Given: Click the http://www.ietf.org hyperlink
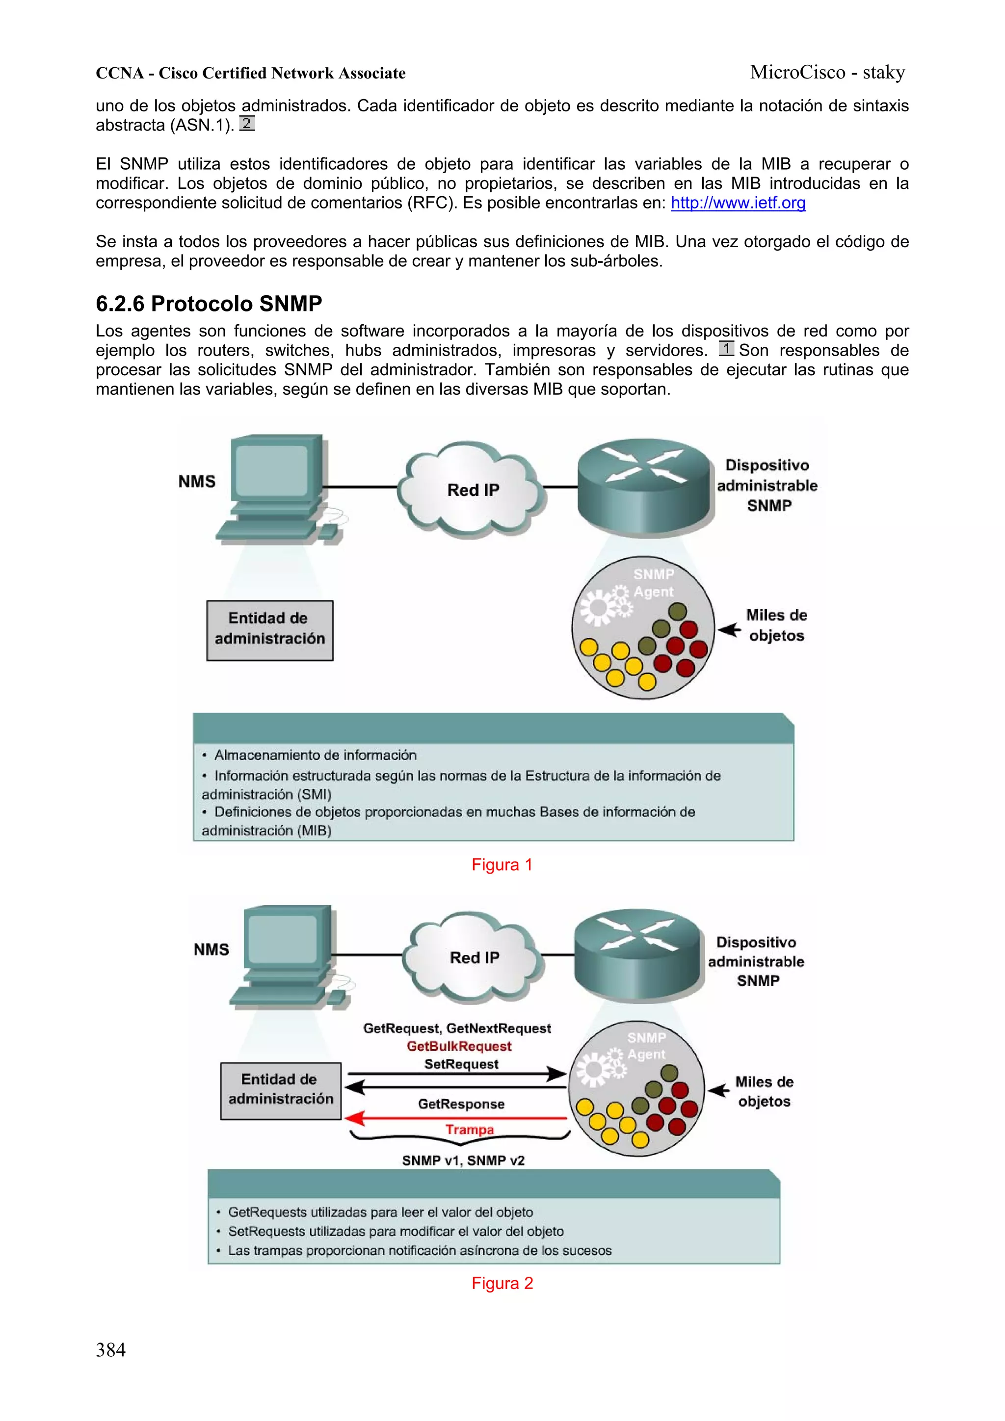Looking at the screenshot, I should pyautogui.click(x=738, y=203).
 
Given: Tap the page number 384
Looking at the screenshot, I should pyautogui.click(x=110, y=1350).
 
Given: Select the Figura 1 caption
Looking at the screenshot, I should pyautogui.click(x=502, y=865).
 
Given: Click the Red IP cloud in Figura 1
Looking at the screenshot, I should pyautogui.click(x=472, y=490).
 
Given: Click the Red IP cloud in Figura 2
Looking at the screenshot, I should pyautogui.click(x=473, y=957).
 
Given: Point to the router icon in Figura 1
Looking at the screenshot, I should pyautogui.click(x=644, y=486).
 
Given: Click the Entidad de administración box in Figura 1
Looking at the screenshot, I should pyautogui.click(x=269, y=629).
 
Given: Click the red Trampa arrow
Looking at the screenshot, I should pyautogui.click(x=457, y=1118).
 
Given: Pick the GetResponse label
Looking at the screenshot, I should pyautogui.click(x=461, y=1104).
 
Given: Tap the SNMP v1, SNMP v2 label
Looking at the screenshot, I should pyautogui.click(x=463, y=1161).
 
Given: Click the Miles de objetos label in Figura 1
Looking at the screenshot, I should pyautogui.click(x=776, y=625).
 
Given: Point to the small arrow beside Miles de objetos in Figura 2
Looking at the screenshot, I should pyautogui.click(x=718, y=1090).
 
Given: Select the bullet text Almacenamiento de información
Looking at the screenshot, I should pyautogui.click(x=315, y=755).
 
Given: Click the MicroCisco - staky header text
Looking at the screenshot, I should pyautogui.click(x=827, y=73).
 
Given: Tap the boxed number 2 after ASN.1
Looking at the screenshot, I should pyautogui.click(x=246, y=123).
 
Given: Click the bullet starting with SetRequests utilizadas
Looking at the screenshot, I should pyautogui.click(x=395, y=1231).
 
